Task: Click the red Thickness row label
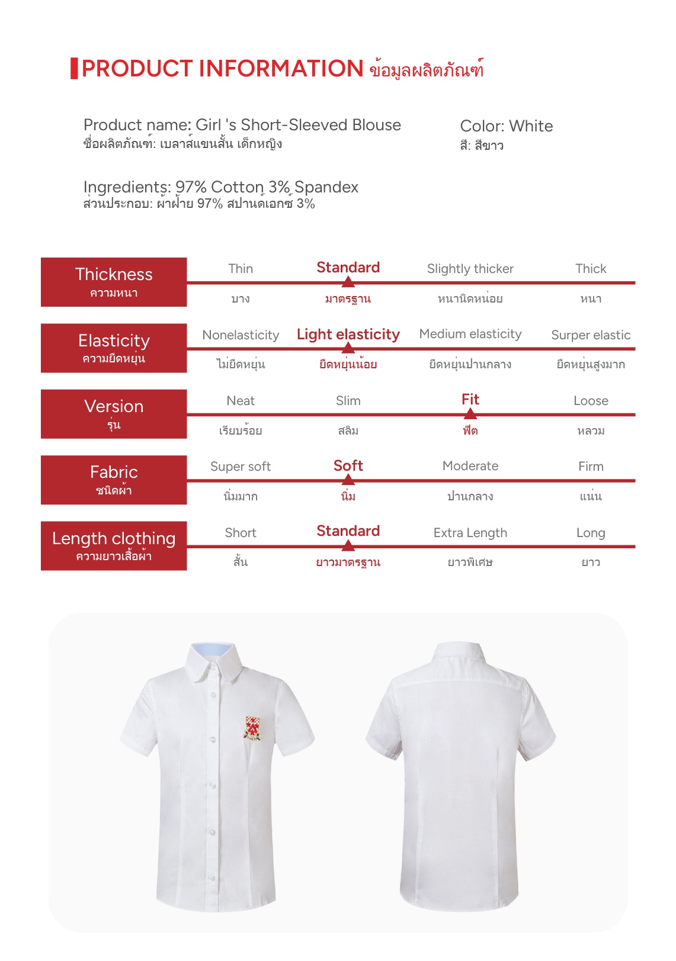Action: pyautogui.click(x=114, y=282)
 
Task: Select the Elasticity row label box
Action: pyautogui.click(x=114, y=348)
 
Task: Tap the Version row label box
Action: pyautogui.click(x=114, y=413)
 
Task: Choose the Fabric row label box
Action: pyautogui.click(x=114, y=480)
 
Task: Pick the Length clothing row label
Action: pyautogui.click(x=114, y=545)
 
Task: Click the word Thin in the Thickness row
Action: pyautogui.click(x=241, y=269)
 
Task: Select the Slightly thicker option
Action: pyautogui.click(x=470, y=269)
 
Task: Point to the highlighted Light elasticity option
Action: pyautogui.click(x=348, y=335)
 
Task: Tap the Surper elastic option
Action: pyautogui.click(x=591, y=335)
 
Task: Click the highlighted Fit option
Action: pyautogui.click(x=470, y=400)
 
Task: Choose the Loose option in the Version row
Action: pyautogui.click(x=591, y=401)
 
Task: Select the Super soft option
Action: pyautogui.click(x=241, y=467)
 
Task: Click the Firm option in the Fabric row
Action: pyautogui.click(x=591, y=467)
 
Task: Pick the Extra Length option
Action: pyautogui.click(x=470, y=533)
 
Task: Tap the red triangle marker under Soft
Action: pyautogui.click(x=348, y=480)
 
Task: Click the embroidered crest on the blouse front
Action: pyautogui.click(x=253, y=728)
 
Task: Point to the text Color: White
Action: pyautogui.click(x=506, y=126)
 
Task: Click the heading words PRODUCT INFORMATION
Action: pyautogui.click(x=222, y=69)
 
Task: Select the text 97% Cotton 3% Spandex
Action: pyautogui.click(x=267, y=187)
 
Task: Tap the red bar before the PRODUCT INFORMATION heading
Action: pyautogui.click(x=74, y=68)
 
